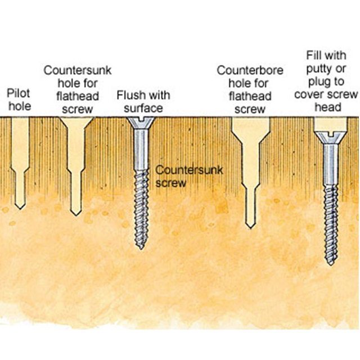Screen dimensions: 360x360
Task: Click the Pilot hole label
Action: click(x=19, y=100)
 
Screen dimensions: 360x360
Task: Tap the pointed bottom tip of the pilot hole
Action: click(x=20, y=208)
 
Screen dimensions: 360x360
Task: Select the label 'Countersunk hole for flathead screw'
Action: click(x=77, y=89)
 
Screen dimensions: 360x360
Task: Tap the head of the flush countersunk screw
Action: click(x=143, y=122)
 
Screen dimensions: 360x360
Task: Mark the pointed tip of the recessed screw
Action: click(x=331, y=263)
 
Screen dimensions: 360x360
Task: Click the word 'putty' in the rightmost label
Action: click(x=320, y=69)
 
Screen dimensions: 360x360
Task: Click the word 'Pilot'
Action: click(x=19, y=93)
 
